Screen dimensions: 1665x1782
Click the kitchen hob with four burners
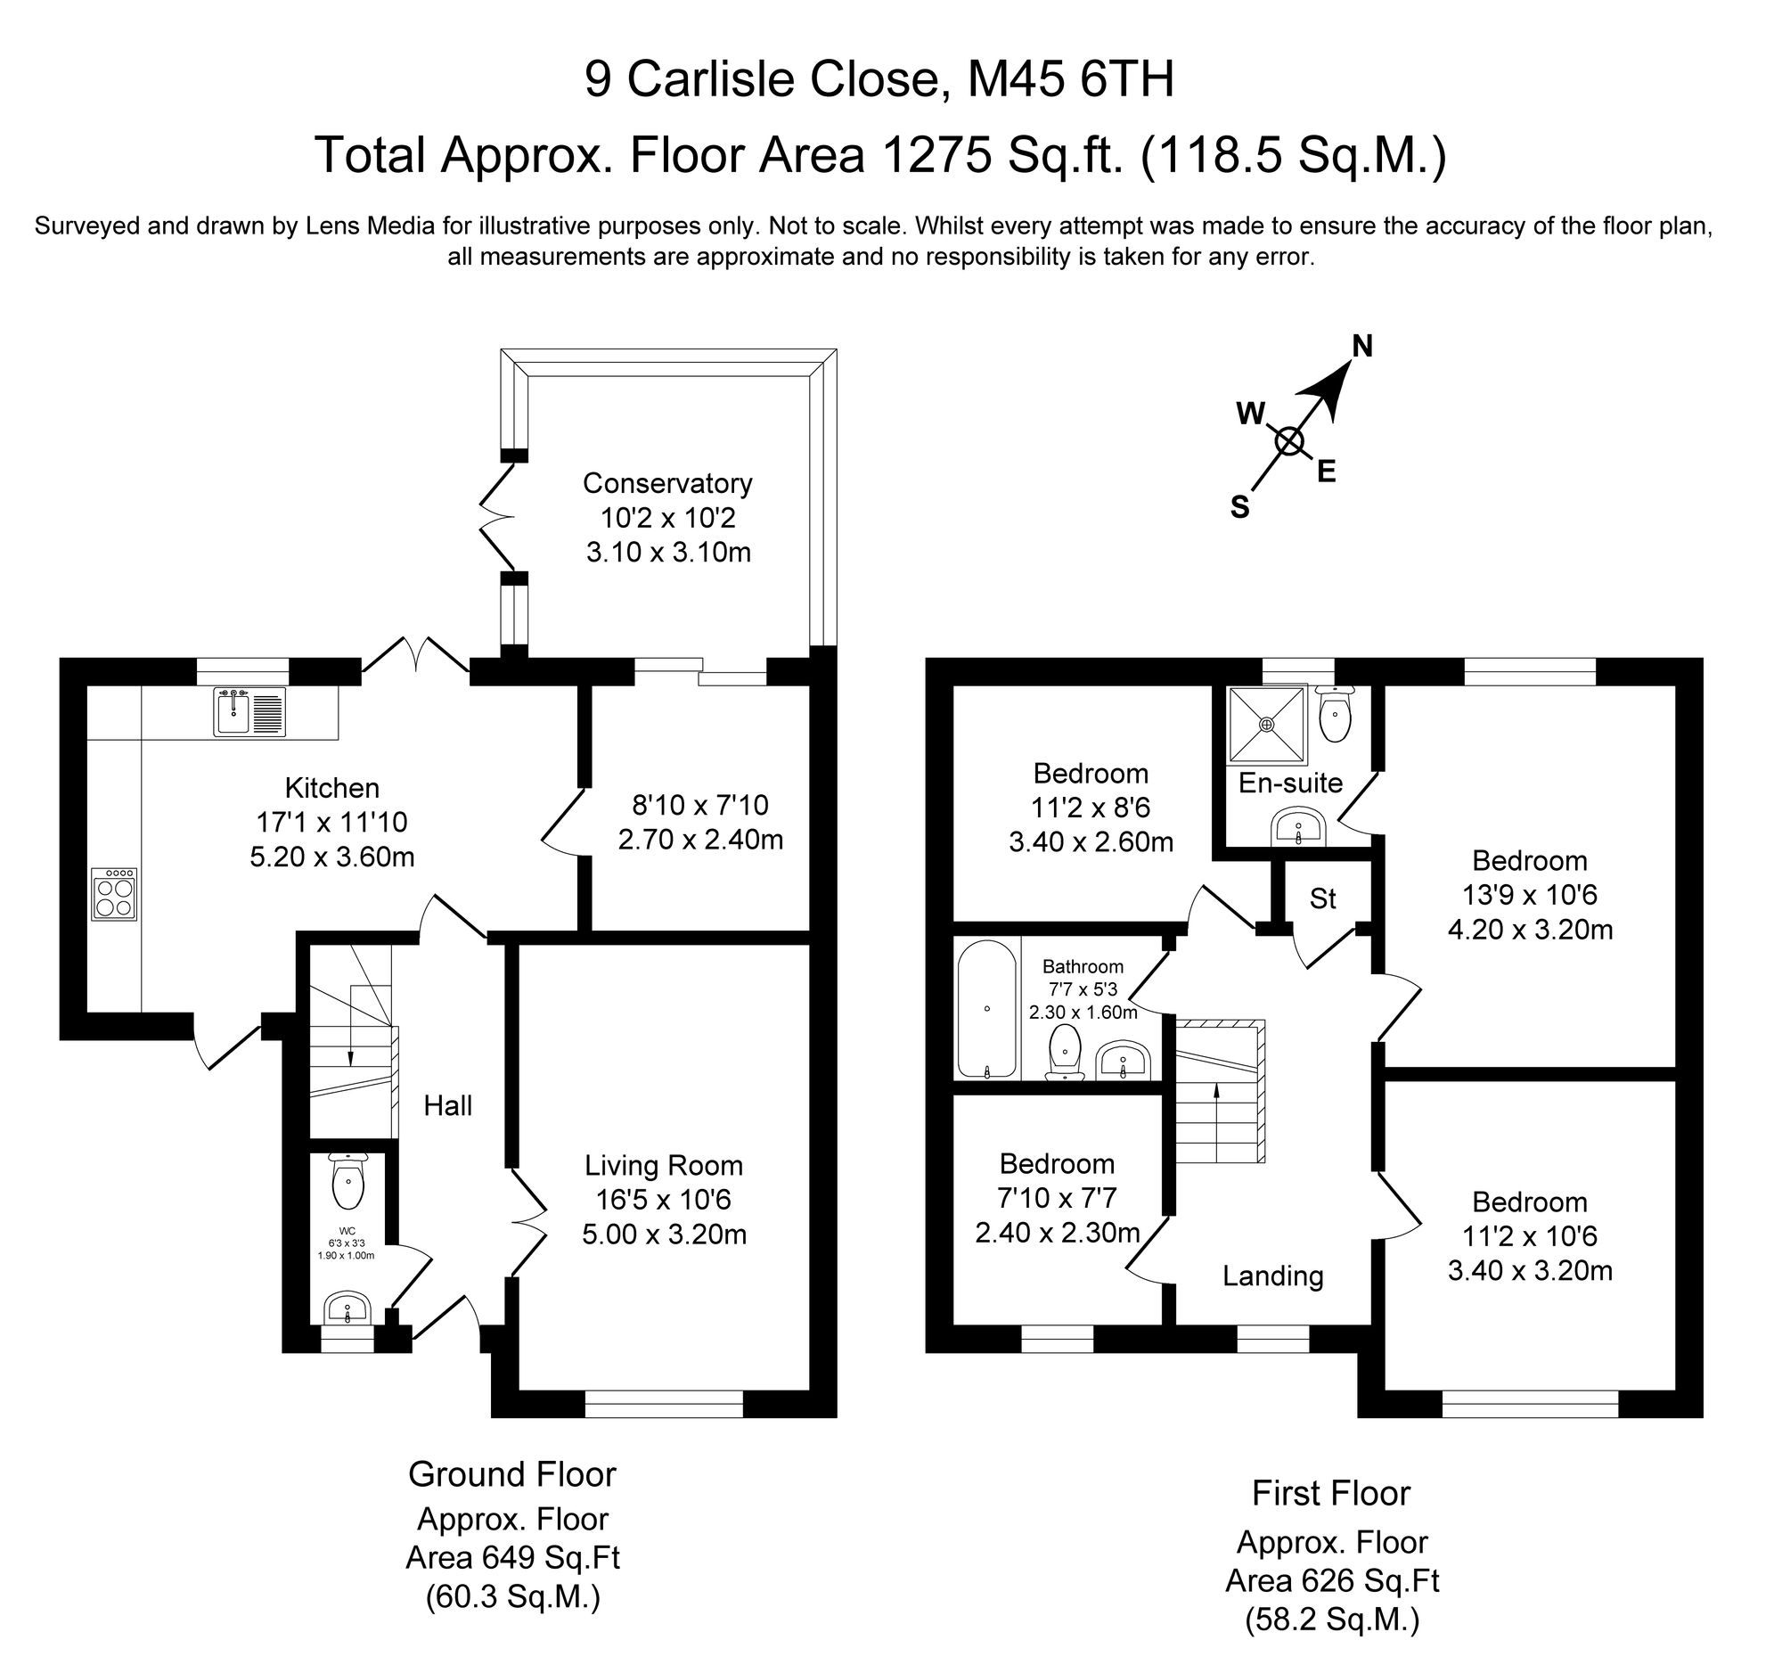tap(114, 894)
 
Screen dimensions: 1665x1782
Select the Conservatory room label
tap(666, 483)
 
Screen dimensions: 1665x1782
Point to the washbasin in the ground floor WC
tap(347, 1309)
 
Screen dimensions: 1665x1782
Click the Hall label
tap(447, 1106)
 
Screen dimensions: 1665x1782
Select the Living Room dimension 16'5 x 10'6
tap(663, 1200)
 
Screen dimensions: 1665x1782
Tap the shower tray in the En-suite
tap(1268, 723)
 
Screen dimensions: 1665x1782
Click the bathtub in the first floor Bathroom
tap(987, 1009)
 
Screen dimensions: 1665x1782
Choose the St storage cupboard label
tap(1323, 898)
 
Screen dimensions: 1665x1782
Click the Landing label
tap(1273, 1275)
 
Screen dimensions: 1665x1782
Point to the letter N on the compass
tap(1362, 346)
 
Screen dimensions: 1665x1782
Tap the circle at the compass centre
tap(1289, 441)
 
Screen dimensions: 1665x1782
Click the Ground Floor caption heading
tap(511, 1474)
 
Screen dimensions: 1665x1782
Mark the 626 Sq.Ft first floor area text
tap(1332, 1579)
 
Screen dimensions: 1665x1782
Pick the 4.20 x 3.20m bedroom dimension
tap(1529, 930)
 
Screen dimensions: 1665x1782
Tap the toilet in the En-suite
tap(1336, 717)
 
